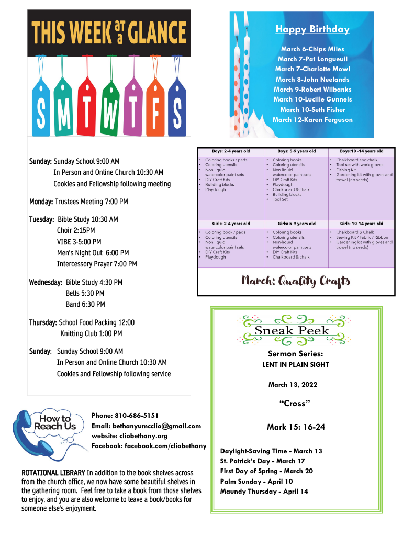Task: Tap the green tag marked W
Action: (109, 113)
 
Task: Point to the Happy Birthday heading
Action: (305, 29)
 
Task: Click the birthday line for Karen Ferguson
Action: (312, 120)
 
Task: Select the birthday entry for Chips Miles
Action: (312, 49)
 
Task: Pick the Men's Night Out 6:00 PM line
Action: (93, 253)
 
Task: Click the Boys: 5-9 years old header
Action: (296, 151)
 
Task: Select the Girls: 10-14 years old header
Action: (361, 224)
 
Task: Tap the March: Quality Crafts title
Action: (296, 281)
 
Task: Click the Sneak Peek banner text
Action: (292, 330)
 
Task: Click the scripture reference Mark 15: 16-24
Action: (296, 427)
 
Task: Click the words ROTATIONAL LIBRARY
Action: (53, 473)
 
